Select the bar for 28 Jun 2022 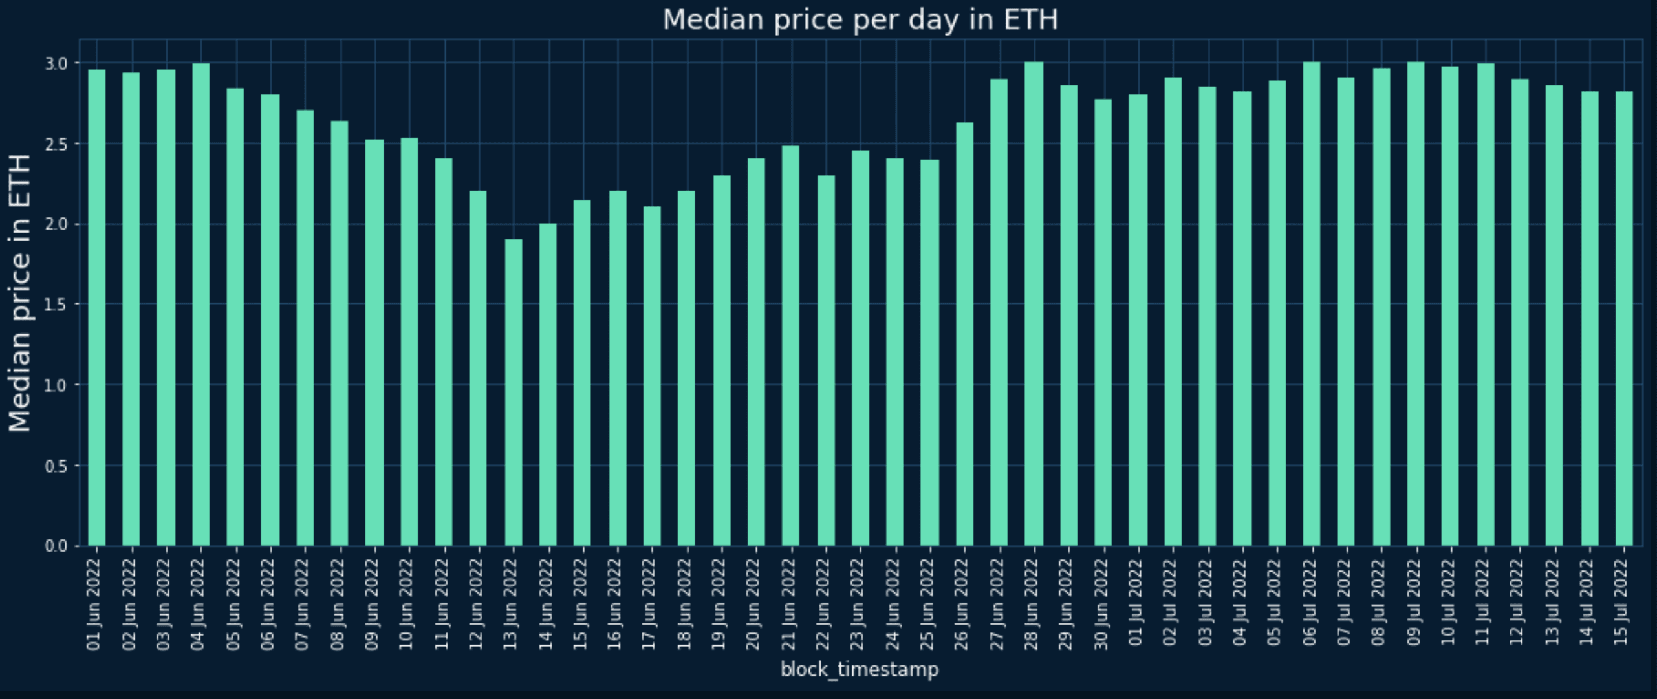pyautogui.click(x=1034, y=304)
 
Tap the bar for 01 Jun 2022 pyautogui.click(x=97, y=308)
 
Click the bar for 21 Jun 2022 pyautogui.click(x=790, y=346)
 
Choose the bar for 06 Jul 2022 pyautogui.click(x=1311, y=304)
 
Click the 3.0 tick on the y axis pyautogui.click(x=56, y=63)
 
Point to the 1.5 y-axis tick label pyautogui.click(x=56, y=305)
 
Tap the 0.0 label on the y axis pyautogui.click(x=56, y=546)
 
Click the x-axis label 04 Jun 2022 pyautogui.click(x=198, y=605)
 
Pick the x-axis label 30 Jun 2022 pyautogui.click(x=1101, y=605)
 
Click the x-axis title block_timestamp pyautogui.click(x=860, y=669)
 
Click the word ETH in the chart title pyautogui.click(x=1030, y=20)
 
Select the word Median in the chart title pyautogui.click(x=713, y=20)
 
